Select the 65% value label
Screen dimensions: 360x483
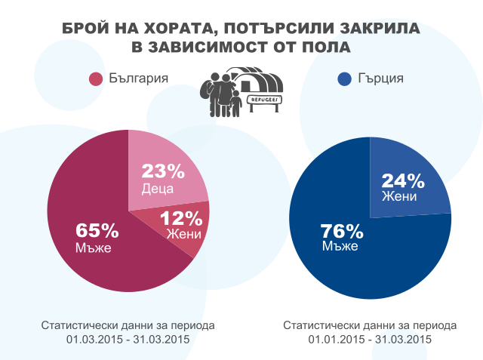(97, 230)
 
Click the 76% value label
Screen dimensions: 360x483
(342, 230)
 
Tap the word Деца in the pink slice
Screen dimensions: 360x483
(158, 188)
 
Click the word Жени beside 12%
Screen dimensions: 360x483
(183, 235)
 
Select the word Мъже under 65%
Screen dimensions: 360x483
(93, 248)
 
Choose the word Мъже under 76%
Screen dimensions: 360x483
(340, 246)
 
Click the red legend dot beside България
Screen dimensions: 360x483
(96, 79)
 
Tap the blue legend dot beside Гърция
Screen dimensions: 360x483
(345, 79)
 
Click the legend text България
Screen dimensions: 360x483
(137, 78)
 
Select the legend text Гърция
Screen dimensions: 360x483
(381, 78)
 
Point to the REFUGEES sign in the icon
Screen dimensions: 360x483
(266, 99)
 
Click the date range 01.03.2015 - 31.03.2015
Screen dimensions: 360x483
(128, 340)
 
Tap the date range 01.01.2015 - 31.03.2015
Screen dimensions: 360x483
(370, 340)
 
